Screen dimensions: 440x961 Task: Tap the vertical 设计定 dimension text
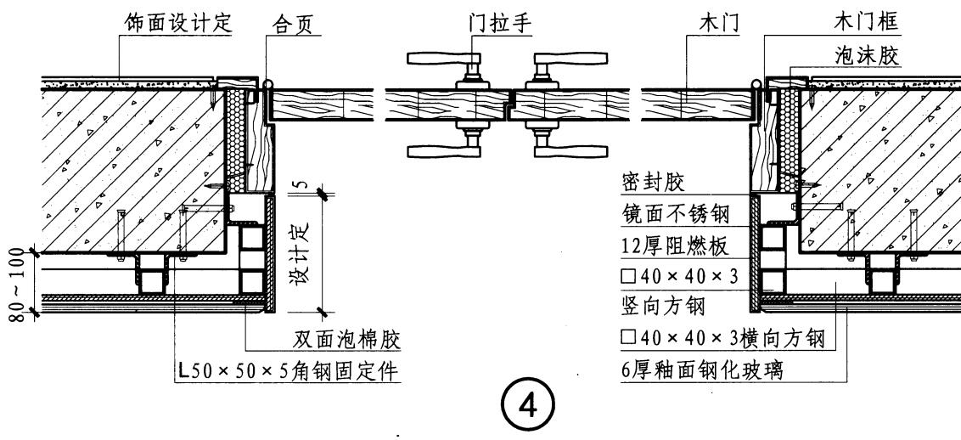303,252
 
